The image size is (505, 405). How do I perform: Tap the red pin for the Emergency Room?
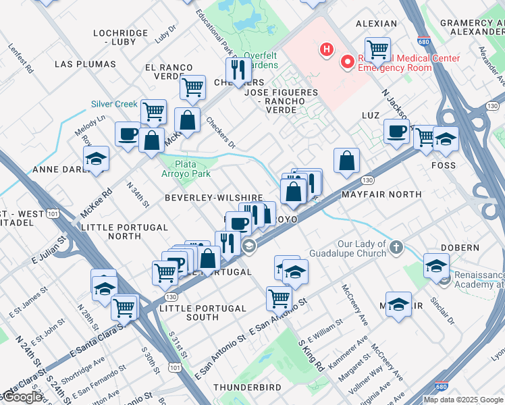point(348,62)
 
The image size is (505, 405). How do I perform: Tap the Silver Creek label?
point(114,104)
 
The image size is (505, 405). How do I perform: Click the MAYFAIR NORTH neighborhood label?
point(381,194)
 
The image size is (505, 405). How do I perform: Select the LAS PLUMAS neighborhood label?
point(84,64)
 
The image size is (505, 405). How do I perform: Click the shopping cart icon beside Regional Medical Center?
point(377,49)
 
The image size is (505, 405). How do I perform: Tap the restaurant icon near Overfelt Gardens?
point(238,69)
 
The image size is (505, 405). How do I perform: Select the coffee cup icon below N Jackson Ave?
point(396,130)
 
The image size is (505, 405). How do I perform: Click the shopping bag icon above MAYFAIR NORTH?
point(346,160)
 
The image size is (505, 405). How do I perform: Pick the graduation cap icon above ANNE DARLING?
point(97,159)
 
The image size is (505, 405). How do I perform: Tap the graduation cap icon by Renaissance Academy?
point(436,265)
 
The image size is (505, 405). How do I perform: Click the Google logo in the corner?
point(22,398)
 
